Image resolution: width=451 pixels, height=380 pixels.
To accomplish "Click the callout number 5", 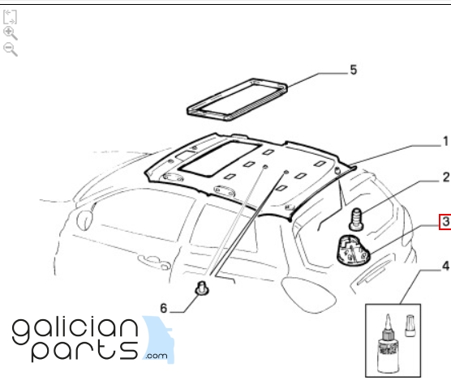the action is (354, 70).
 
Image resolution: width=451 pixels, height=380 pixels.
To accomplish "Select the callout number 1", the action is (445, 141).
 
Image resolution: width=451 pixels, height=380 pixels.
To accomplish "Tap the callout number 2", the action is (446, 177).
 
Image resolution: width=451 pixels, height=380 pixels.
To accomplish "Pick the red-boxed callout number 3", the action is (445, 222).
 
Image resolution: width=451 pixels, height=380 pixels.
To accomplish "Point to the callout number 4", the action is (445, 267).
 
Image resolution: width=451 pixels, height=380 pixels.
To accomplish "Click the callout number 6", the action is (163, 308).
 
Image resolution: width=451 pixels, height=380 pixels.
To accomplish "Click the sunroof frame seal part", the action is (238, 100).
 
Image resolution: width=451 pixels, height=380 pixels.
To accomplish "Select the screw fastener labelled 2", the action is (356, 220).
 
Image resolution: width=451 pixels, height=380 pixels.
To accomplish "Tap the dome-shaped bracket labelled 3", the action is (354, 250).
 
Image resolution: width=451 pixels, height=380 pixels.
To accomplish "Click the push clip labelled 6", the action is (202, 288).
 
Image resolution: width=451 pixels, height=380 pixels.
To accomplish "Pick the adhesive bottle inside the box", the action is (388, 344).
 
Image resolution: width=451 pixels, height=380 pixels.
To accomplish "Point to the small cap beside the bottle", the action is (410, 326).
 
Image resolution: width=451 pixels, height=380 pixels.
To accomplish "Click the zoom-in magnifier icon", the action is (10, 33).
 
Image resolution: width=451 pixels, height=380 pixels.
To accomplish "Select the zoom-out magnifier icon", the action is (10, 49).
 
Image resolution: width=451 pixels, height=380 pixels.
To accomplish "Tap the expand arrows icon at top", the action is (10, 17).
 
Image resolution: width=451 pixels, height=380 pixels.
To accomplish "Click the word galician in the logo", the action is (75, 329).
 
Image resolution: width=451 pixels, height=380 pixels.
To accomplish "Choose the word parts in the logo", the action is (84, 351).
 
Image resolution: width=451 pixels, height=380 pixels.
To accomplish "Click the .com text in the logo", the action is (157, 357).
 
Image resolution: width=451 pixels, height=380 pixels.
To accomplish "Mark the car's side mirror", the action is (85, 220).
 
